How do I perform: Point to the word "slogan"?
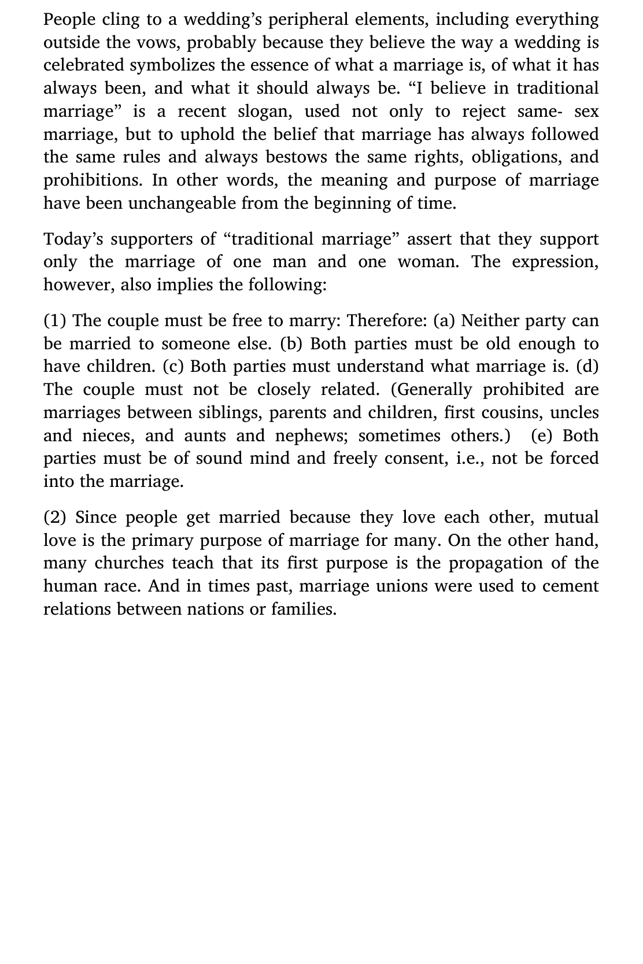(266, 111)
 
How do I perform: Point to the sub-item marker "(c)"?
(173, 367)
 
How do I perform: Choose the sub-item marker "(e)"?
(544, 435)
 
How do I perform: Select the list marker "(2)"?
(56, 518)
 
